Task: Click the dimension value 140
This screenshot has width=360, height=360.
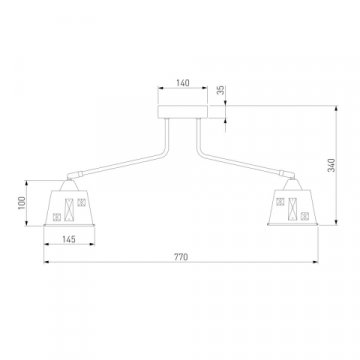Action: click(183, 83)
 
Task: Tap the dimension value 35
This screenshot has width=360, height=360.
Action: click(221, 90)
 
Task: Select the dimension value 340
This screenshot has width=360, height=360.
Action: click(332, 165)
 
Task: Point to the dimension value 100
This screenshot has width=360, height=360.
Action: click(22, 203)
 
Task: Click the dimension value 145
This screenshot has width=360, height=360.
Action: click(69, 239)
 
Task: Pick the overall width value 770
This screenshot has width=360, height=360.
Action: click(181, 257)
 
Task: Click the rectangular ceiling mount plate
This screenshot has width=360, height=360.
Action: click(183, 112)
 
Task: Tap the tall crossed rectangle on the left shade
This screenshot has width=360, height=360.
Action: click(69, 210)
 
